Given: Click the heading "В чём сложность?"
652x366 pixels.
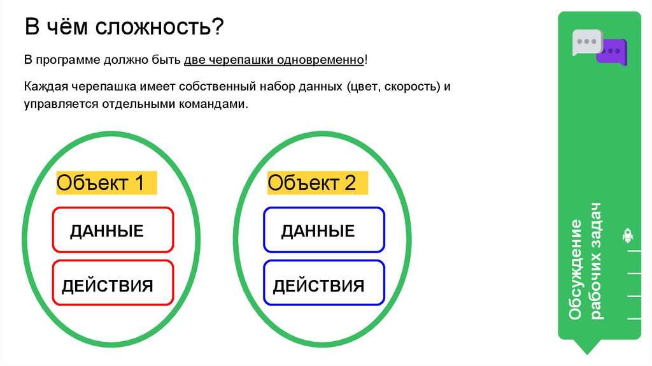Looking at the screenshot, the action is [x=124, y=28].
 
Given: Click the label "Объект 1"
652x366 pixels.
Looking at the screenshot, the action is [x=101, y=183].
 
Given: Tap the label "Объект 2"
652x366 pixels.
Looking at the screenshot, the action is [x=312, y=183].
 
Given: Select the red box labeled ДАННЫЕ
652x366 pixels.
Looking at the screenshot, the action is [x=113, y=230].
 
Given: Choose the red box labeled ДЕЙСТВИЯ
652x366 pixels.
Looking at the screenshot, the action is [x=113, y=284].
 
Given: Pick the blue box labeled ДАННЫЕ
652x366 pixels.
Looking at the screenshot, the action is [x=323, y=230].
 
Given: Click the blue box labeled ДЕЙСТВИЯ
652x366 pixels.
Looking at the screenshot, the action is [x=323, y=284].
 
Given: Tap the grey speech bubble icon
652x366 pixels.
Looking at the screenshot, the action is [x=586, y=41].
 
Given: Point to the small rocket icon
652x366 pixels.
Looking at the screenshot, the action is [x=627, y=235].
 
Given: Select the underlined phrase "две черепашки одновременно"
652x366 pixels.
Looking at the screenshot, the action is [x=274, y=60].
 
